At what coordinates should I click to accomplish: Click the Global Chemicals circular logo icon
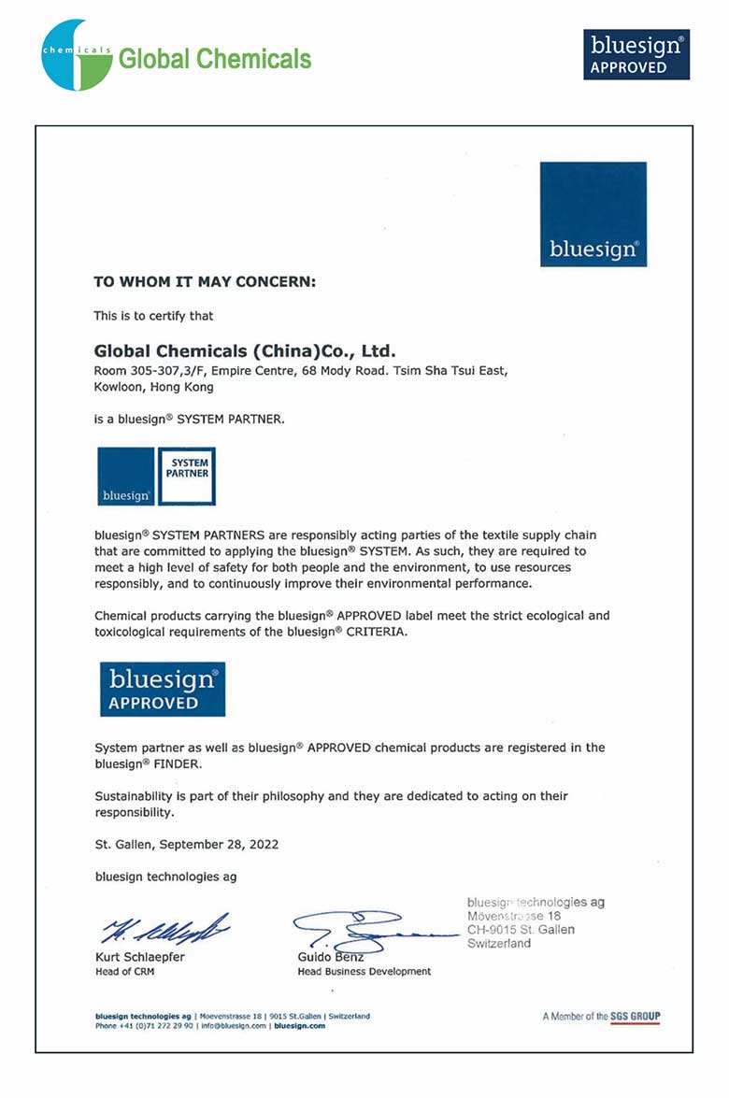click(76, 55)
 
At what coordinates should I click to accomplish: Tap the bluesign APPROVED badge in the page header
click(636, 54)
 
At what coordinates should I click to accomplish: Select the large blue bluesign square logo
click(593, 214)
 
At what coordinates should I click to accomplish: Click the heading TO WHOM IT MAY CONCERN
click(205, 281)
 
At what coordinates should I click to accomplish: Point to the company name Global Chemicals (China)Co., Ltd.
click(246, 352)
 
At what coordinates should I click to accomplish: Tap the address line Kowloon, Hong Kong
click(154, 387)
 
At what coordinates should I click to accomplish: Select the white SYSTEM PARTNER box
click(186, 477)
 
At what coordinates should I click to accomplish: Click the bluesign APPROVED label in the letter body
click(163, 689)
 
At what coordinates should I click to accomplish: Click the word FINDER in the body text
click(176, 763)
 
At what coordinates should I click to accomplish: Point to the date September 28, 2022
click(219, 844)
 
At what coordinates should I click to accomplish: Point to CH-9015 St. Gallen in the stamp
click(521, 930)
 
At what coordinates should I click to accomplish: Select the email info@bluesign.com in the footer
click(233, 1025)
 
